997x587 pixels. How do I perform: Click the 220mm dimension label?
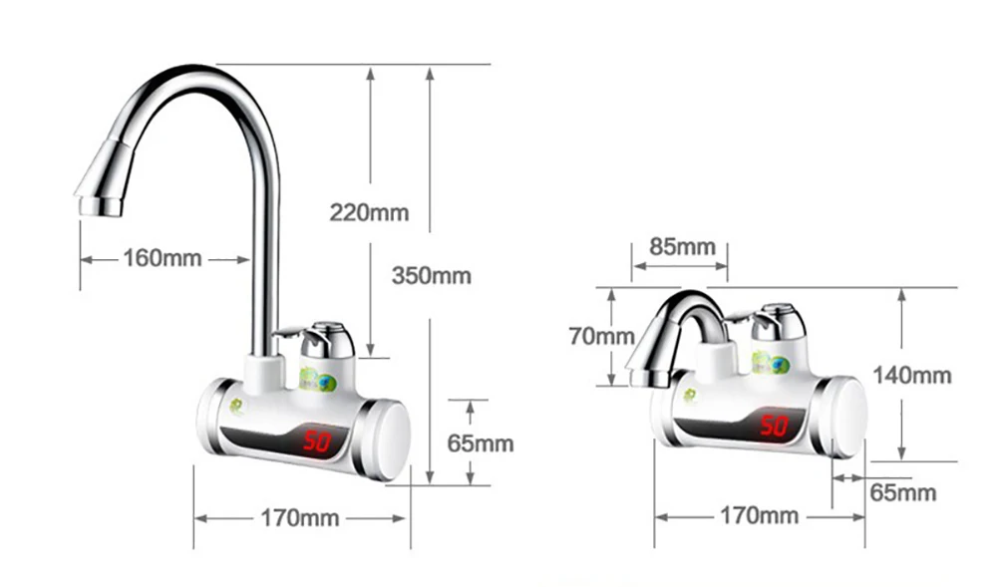369,212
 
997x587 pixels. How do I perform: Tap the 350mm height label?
432,276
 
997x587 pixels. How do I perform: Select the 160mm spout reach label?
163,258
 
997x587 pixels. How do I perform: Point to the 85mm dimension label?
682,246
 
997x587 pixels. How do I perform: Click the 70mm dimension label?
601,336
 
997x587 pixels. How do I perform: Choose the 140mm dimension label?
912,376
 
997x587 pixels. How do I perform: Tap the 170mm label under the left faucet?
300,518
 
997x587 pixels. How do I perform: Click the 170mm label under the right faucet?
759,515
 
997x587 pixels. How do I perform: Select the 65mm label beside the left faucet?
481,443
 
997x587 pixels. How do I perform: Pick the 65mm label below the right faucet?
903,492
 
